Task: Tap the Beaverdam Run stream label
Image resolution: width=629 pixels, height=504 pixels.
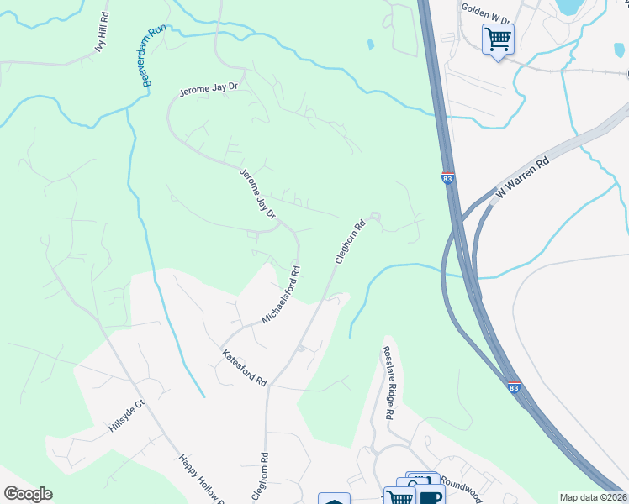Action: pos(154,55)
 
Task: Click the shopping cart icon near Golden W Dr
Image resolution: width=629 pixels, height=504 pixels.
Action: pos(498,39)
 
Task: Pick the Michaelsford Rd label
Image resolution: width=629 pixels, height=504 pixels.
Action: pos(281,295)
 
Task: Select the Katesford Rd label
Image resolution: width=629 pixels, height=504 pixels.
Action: pos(244,369)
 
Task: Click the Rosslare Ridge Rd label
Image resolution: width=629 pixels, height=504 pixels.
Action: pos(388,383)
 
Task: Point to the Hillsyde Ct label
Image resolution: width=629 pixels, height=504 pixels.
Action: pos(127,415)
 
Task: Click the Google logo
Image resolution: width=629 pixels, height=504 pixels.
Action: pos(28,494)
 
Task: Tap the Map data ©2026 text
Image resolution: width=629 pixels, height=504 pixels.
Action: pos(593,497)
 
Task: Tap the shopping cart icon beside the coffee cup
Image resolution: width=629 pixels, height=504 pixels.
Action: pos(399,496)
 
